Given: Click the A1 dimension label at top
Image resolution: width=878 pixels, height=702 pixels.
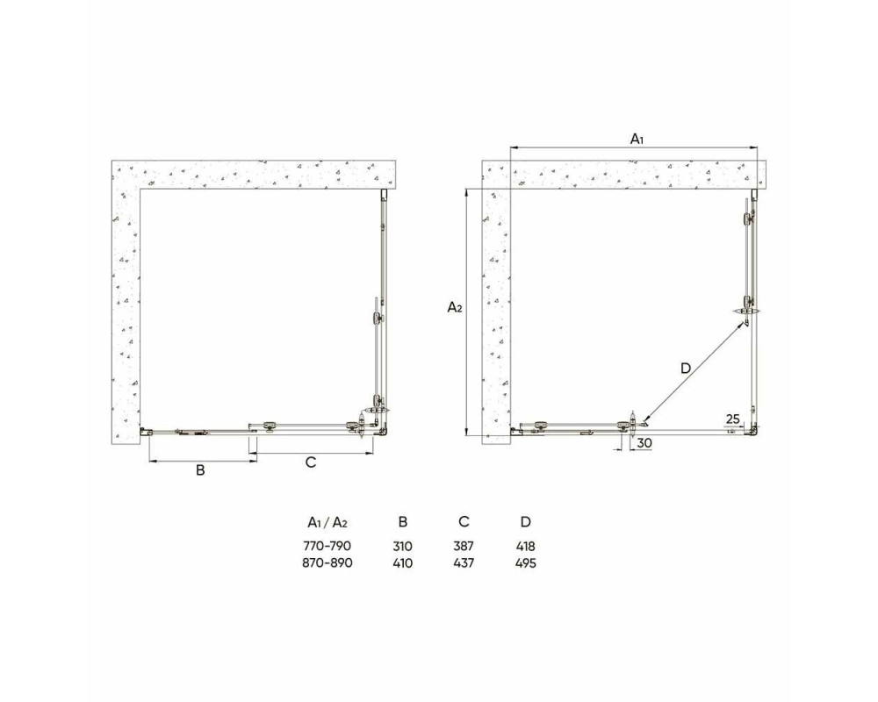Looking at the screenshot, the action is coord(637,139).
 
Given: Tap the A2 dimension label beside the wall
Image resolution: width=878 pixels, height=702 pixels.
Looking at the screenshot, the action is coord(455,307).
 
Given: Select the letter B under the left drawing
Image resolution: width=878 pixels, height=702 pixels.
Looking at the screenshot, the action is coord(200,470).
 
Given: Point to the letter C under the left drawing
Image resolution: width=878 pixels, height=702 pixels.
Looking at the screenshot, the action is coord(311,462).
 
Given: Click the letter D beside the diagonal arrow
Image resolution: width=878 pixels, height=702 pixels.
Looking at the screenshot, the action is coord(686,369).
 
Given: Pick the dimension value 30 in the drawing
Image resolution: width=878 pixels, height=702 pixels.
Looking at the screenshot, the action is coord(644,443).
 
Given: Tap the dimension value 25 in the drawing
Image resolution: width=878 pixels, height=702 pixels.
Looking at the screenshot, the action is coord(733,419).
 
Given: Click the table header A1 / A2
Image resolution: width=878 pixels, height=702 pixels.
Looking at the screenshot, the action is coord(327,522).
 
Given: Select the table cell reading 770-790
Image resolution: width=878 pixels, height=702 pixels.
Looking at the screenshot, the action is coord(327,546).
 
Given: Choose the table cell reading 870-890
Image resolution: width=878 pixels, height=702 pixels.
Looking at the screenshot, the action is coord(327,562).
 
